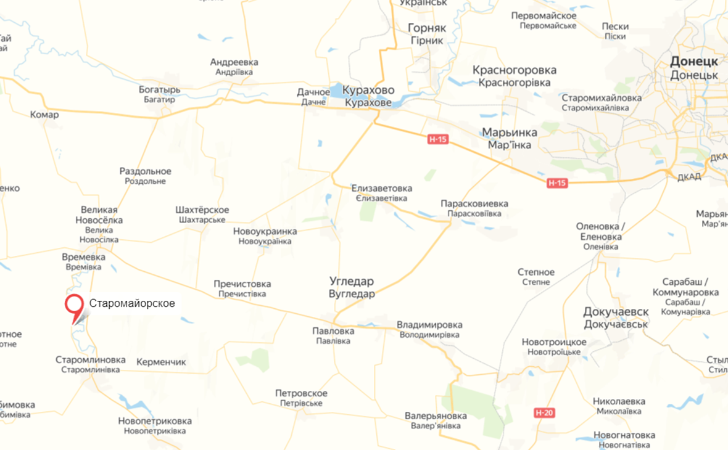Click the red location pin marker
tap(75, 305)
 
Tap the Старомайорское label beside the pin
tap(132, 303)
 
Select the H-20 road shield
tap(544, 412)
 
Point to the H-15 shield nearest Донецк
tap(556, 183)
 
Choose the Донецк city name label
tap(694, 62)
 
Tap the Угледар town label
tap(352, 281)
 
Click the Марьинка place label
tap(509, 133)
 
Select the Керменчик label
tap(161, 362)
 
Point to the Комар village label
tap(44, 115)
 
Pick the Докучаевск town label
tap(616, 312)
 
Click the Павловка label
tap(333, 331)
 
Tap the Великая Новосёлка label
tap(99, 215)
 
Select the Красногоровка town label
tap(515, 70)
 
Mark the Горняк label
tap(426, 28)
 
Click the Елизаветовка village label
tap(382, 188)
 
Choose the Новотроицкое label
tap(554, 342)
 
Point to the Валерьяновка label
tap(436, 415)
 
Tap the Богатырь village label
tap(160, 90)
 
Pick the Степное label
tap(536, 272)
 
